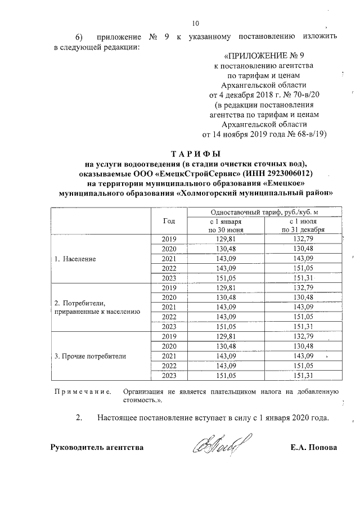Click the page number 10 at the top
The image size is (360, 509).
pyautogui.click(x=195, y=23)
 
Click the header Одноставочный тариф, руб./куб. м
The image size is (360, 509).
pyautogui.click(x=264, y=212)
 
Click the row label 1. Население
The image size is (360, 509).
pyautogui.click(x=75, y=259)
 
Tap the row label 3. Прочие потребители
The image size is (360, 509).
pyautogui.click(x=90, y=356)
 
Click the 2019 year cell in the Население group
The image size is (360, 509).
pyautogui.click(x=169, y=240)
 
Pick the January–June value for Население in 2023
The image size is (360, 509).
pyautogui.click(x=224, y=278)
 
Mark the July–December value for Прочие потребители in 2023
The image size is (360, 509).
pyautogui.click(x=303, y=375)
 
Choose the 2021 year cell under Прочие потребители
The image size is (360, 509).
pyautogui.click(x=169, y=356)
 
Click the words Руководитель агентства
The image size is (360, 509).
pyautogui.click(x=96, y=448)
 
